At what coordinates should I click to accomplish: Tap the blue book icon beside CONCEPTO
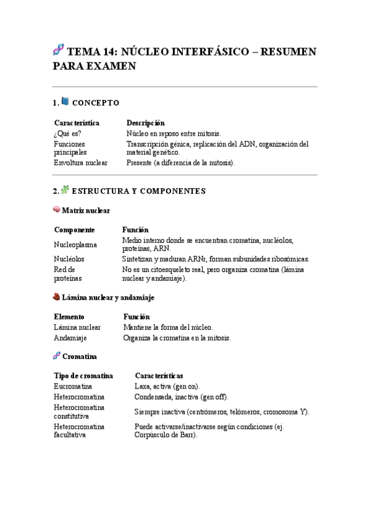point(65,102)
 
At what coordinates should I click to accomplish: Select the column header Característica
point(77,123)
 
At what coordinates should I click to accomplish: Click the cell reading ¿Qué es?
point(67,133)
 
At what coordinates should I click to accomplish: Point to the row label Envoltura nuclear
point(80,163)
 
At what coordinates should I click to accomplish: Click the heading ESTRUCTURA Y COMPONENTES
point(138,191)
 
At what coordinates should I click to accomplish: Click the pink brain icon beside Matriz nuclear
point(57,210)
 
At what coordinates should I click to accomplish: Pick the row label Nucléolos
point(69,259)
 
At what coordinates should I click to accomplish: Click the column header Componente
point(74,229)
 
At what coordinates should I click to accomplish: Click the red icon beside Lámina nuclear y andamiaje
point(57,297)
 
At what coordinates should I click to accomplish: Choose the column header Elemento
point(69,316)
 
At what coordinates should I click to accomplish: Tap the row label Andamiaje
point(70,338)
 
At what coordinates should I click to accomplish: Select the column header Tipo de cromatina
point(83,376)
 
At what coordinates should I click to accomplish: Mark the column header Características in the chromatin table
point(158,376)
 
